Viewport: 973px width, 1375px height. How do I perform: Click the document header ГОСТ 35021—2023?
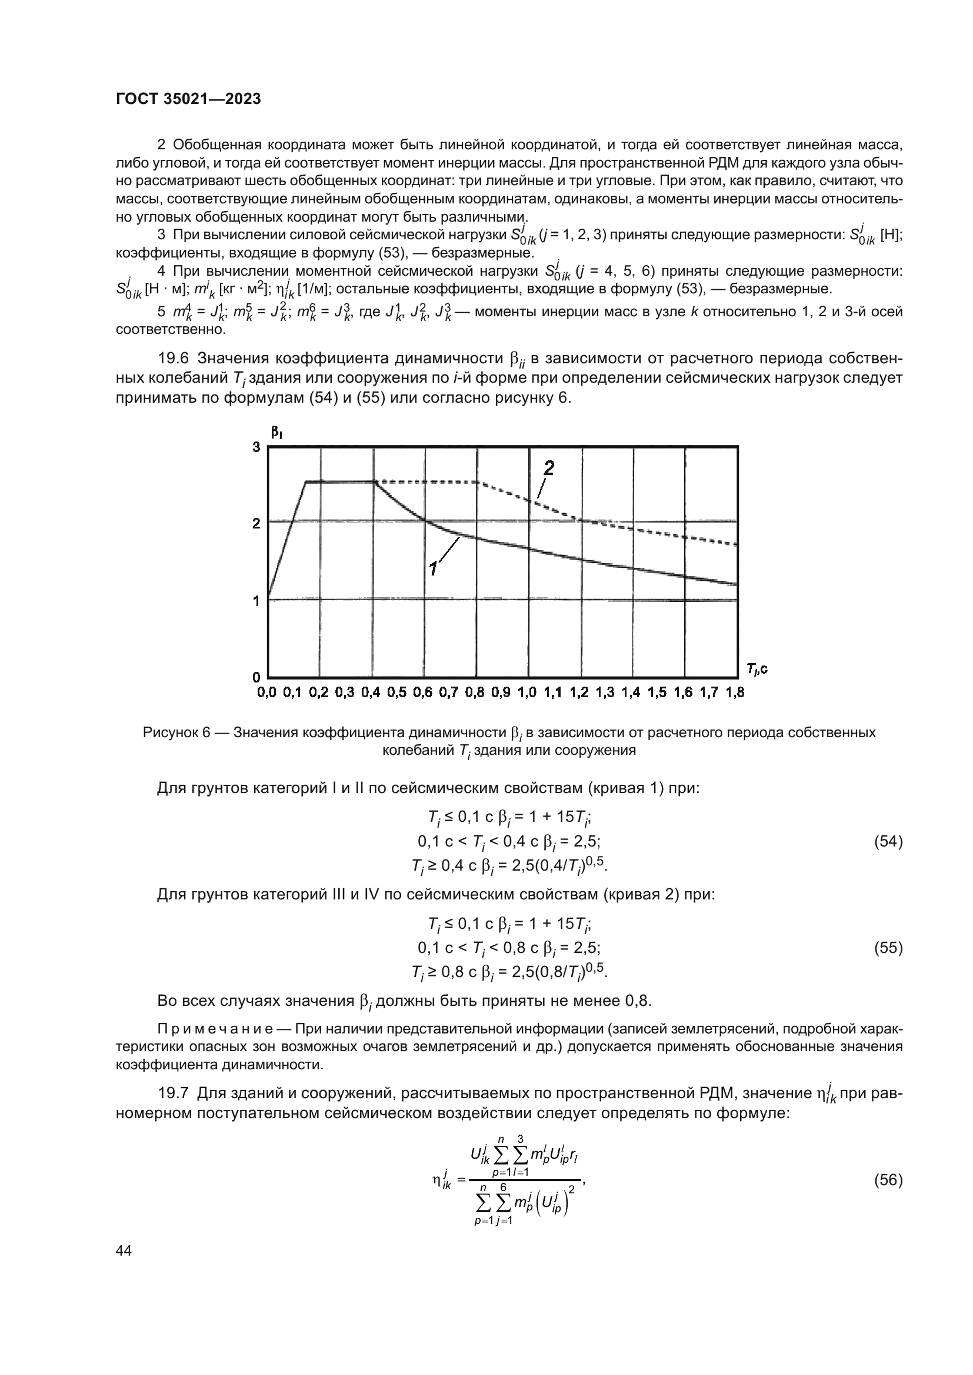pos(188,99)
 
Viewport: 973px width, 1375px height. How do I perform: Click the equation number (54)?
pos(888,841)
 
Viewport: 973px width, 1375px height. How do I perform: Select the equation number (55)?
pos(888,948)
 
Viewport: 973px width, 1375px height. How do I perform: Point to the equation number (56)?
pos(888,1180)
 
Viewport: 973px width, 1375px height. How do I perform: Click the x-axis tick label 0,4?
pos(371,693)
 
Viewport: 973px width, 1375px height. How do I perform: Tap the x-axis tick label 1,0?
pos(527,693)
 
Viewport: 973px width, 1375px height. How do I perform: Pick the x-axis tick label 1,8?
pos(735,693)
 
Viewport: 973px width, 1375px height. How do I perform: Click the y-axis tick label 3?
pos(256,447)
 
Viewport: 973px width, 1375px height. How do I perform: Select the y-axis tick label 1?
pos(256,601)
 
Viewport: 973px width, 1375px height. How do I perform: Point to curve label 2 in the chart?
pos(548,469)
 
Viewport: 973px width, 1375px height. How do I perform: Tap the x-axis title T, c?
pos(757,668)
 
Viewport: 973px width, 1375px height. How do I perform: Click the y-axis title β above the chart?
pos(276,433)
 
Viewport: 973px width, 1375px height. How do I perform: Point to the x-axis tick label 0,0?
pos(267,693)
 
